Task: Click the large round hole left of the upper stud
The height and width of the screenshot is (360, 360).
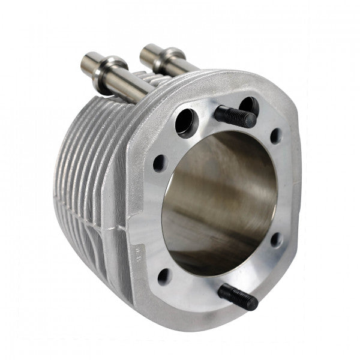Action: [186, 121]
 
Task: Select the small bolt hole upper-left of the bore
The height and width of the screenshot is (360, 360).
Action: [160, 163]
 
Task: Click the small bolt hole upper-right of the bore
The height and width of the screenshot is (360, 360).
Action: [275, 136]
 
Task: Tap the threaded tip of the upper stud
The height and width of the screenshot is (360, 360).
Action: [250, 119]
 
